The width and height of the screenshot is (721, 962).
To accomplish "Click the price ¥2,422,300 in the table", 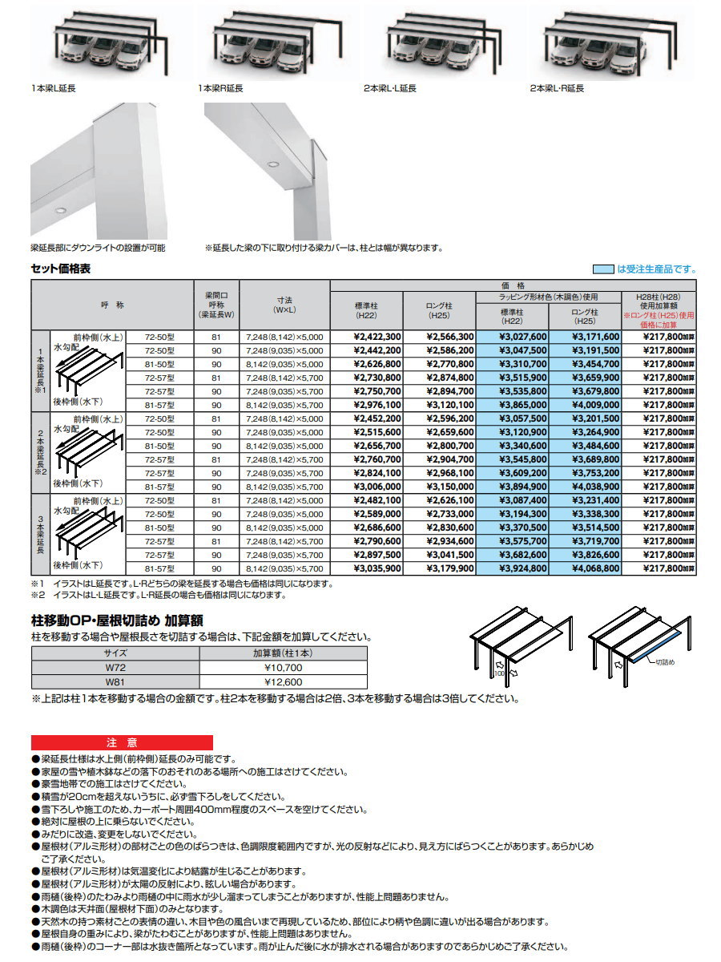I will pos(377,338).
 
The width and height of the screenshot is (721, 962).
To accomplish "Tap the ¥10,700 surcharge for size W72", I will pos(283,667).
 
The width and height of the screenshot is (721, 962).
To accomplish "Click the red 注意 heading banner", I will pos(122,742).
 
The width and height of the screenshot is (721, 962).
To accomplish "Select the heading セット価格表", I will pos(61,269).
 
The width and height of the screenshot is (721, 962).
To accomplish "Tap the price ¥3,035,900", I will pos(377,568).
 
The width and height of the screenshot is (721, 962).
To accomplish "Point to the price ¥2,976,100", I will pos(377,406).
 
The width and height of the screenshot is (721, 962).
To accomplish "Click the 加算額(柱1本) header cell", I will pos(283,653).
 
